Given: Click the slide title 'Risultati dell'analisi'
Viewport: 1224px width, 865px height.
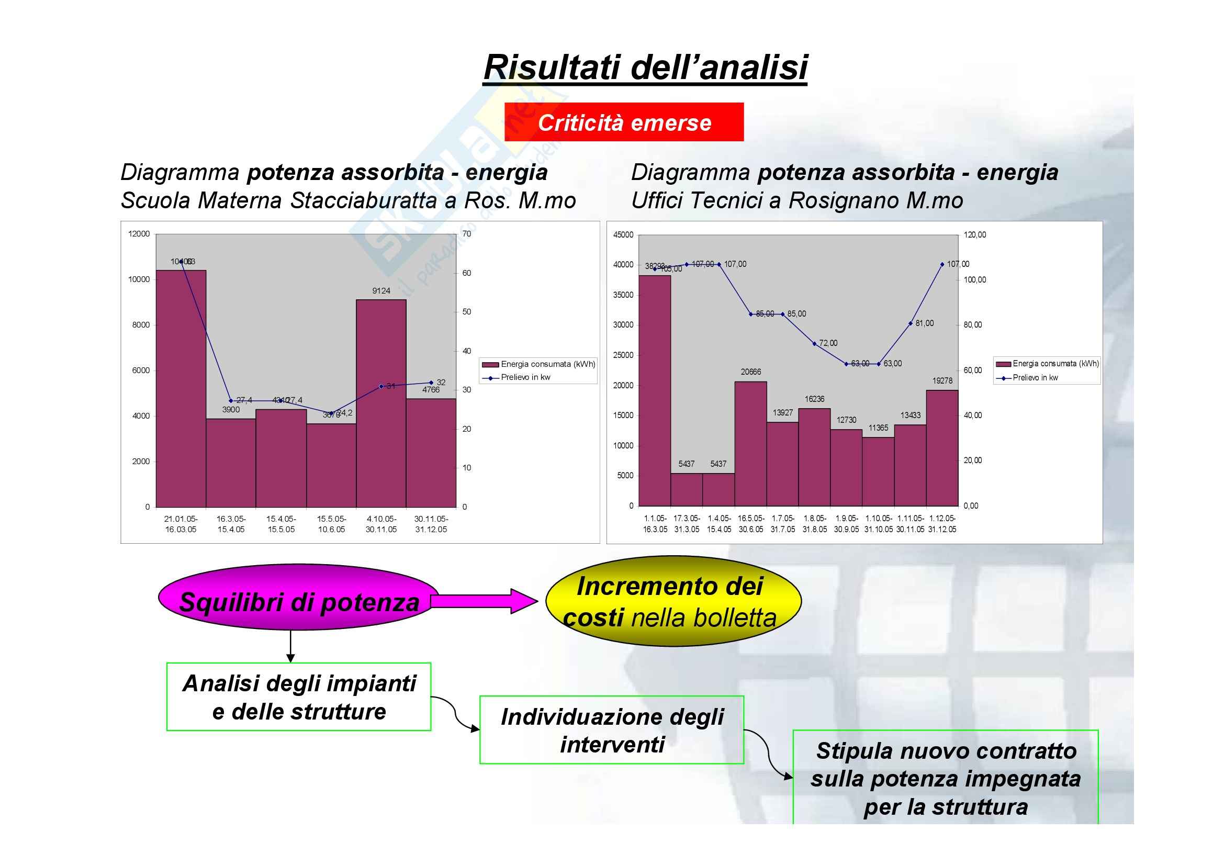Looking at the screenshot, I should coord(645,68).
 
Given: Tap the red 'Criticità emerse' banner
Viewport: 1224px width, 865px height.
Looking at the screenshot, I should coord(624,122).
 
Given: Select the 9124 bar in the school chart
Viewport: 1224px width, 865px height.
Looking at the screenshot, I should coord(380,402).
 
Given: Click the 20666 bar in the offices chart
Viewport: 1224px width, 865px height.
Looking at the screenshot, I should coord(750,443).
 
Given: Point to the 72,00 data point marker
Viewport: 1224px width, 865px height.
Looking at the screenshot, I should coord(815,344).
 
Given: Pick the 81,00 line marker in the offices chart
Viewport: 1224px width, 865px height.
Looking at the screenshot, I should coord(911,323).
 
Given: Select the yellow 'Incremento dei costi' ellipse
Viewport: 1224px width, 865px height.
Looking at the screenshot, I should coord(673,602).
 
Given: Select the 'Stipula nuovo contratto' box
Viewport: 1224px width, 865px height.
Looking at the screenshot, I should coord(945,778).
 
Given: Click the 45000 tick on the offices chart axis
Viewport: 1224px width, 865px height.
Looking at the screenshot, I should coord(623,234).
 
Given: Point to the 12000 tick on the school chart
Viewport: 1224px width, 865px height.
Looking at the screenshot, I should coord(139,233).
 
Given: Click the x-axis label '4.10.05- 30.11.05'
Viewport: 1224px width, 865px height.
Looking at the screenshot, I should coord(380,524).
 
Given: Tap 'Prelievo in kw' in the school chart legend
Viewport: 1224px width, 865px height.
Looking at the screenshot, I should coord(525,377).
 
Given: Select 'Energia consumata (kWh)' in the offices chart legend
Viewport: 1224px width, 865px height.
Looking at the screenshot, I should coord(1055,364).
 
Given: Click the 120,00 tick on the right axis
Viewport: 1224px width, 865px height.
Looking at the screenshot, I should coord(974,234).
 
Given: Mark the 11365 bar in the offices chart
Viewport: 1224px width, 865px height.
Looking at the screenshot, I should coord(878,471).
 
